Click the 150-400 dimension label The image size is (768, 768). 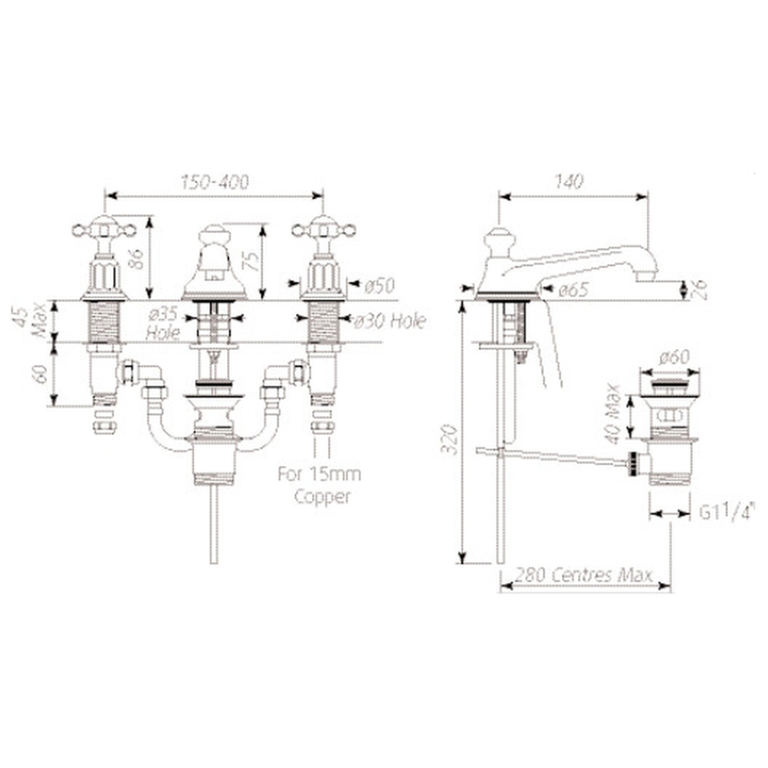(215, 182)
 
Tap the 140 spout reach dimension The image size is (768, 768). (569, 182)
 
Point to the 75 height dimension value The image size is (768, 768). (252, 261)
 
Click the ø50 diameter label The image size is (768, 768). (380, 286)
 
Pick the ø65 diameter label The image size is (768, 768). (573, 290)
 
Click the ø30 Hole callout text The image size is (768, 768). (390, 321)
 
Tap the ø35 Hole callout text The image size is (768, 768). (163, 324)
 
